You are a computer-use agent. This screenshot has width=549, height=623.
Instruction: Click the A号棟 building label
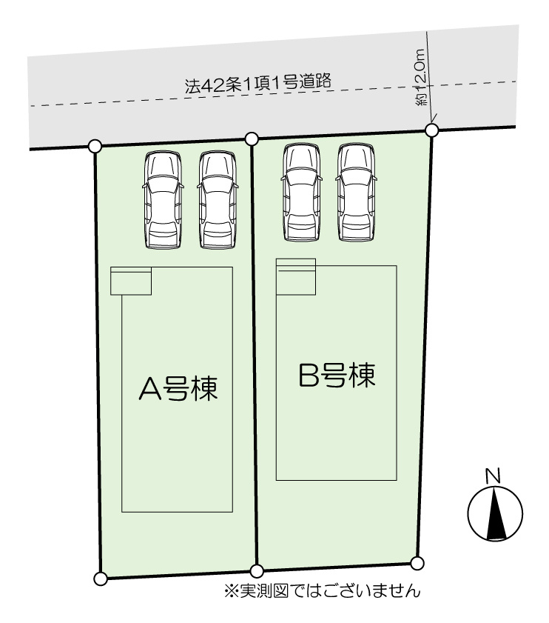click(178, 388)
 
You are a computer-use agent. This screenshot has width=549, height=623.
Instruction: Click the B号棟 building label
click(337, 376)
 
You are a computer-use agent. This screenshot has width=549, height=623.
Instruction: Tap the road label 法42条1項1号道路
click(257, 84)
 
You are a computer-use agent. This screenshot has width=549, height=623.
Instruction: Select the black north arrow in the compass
click(496, 514)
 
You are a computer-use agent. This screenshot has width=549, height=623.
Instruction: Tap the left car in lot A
click(164, 200)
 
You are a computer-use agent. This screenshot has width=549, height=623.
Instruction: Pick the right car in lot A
click(218, 200)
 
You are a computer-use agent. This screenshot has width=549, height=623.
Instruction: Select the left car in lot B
click(302, 193)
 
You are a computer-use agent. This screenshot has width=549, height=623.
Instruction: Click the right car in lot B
click(356, 193)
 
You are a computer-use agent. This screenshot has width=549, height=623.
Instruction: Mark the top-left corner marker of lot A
click(95, 146)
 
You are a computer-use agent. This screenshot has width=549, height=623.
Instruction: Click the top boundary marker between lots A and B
click(252, 139)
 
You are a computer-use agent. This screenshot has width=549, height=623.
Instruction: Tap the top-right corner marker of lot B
click(431, 130)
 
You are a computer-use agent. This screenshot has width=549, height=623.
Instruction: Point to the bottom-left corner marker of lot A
click(101, 579)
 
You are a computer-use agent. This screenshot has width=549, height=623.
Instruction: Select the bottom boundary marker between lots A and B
click(257, 571)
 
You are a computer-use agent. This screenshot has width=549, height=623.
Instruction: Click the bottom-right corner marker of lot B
click(417, 563)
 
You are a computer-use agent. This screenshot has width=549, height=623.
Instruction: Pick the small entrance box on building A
click(131, 281)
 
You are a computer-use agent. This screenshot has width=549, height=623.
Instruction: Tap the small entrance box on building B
click(296, 277)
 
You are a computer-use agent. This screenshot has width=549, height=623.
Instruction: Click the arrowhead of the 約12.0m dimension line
click(431, 121)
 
